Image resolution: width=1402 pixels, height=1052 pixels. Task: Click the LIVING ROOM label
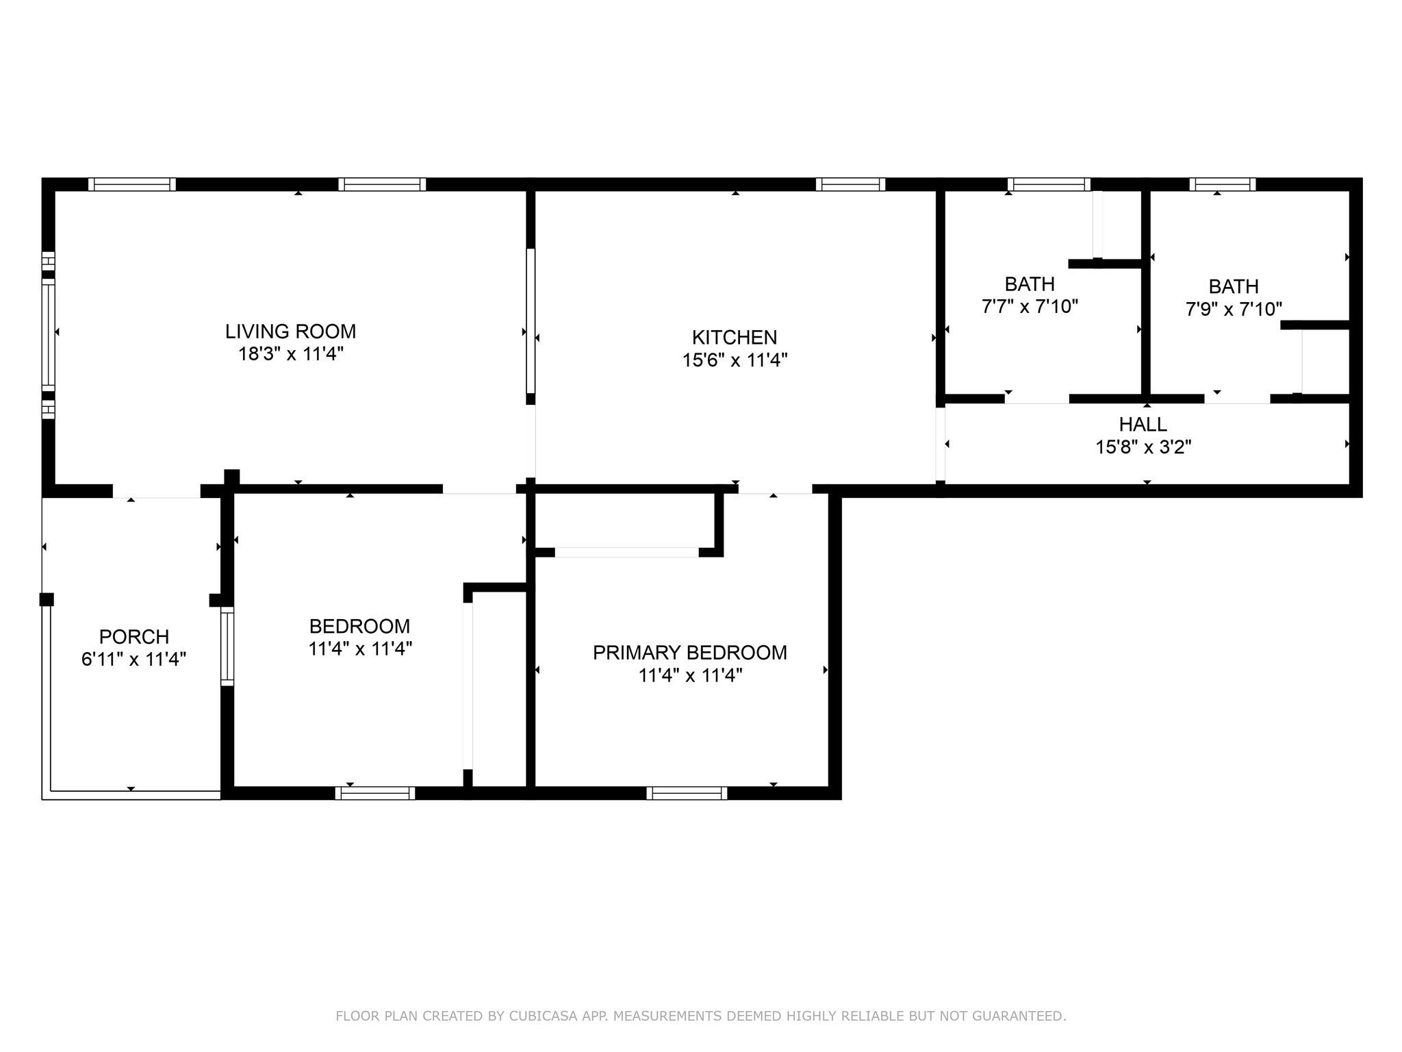click(x=290, y=331)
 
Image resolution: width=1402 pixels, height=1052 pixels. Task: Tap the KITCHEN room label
click(x=735, y=338)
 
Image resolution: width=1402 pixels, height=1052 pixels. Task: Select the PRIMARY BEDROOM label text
click(x=690, y=653)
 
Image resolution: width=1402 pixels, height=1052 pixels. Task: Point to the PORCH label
click(x=134, y=637)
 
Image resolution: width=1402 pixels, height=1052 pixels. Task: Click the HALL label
click(x=1143, y=425)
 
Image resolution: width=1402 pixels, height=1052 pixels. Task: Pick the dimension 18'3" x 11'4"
click(x=290, y=354)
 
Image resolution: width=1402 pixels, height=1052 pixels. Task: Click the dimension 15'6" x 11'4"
click(x=735, y=360)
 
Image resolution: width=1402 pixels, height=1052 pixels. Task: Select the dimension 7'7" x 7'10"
click(x=1030, y=306)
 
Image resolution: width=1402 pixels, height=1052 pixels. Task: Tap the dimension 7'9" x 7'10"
click(x=1234, y=309)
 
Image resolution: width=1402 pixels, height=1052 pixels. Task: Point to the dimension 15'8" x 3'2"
click(x=1143, y=447)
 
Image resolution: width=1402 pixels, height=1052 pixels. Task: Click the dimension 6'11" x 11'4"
click(x=134, y=660)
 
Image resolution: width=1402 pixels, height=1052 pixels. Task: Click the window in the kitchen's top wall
click(x=851, y=184)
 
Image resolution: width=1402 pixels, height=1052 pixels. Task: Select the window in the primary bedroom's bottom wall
click(x=687, y=793)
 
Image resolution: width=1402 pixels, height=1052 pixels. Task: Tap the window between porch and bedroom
click(x=227, y=646)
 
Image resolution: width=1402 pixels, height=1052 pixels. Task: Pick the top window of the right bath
click(x=1223, y=184)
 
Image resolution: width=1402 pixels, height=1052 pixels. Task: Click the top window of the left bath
click(x=1049, y=184)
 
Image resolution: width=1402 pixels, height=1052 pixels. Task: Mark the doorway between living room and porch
click(x=157, y=491)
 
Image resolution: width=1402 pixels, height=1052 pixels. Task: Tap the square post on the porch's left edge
click(x=47, y=599)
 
